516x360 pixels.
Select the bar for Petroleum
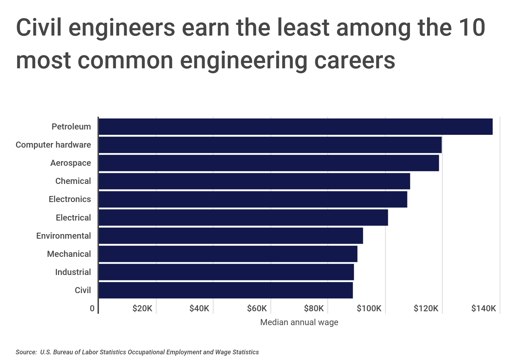(295, 127)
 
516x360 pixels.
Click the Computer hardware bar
(270, 145)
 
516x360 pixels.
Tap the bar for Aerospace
(268, 163)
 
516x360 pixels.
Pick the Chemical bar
(254, 181)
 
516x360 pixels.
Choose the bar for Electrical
(243, 217)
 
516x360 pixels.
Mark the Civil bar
(226, 290)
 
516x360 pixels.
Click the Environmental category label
(63, 236)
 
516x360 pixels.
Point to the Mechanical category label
(69, 254)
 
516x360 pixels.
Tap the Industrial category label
(73, 272)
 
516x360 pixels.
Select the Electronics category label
(70, 199)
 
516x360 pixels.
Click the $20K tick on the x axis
(142, 308)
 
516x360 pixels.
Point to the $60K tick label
(257, 308)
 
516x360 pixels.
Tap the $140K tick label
(483, 308)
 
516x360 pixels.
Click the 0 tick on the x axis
(92, 308)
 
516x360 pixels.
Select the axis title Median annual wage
(299, 322)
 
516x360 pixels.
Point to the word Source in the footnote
(26, 352)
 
